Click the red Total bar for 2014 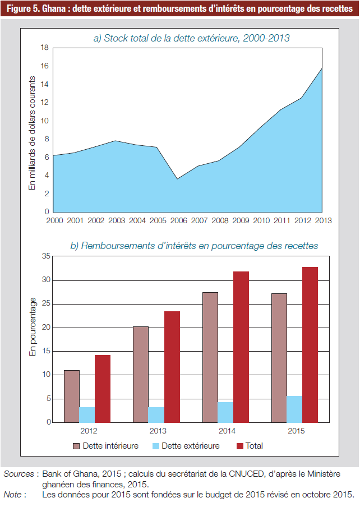coord(241,347)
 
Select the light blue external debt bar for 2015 coord(294,409)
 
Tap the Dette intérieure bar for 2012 coord(72,397)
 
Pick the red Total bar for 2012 coord(103,389)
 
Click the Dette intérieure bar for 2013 coord(141,375)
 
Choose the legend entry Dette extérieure coord(186,446)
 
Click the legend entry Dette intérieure coord(106,446)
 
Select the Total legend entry coord(250,446)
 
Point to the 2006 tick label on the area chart coord(179,220)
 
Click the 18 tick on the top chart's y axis coord(45,48)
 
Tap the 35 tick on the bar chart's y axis coord(46,256)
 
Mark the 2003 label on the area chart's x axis coord(117,220)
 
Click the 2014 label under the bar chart coord(227,431)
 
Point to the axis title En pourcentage coord(33,327)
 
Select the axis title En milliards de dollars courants coord(32,133)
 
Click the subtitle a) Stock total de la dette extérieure coord(192,38)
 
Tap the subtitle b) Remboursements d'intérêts coord(194,246)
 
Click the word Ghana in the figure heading coord(54,8)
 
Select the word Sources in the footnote coord(19,474)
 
